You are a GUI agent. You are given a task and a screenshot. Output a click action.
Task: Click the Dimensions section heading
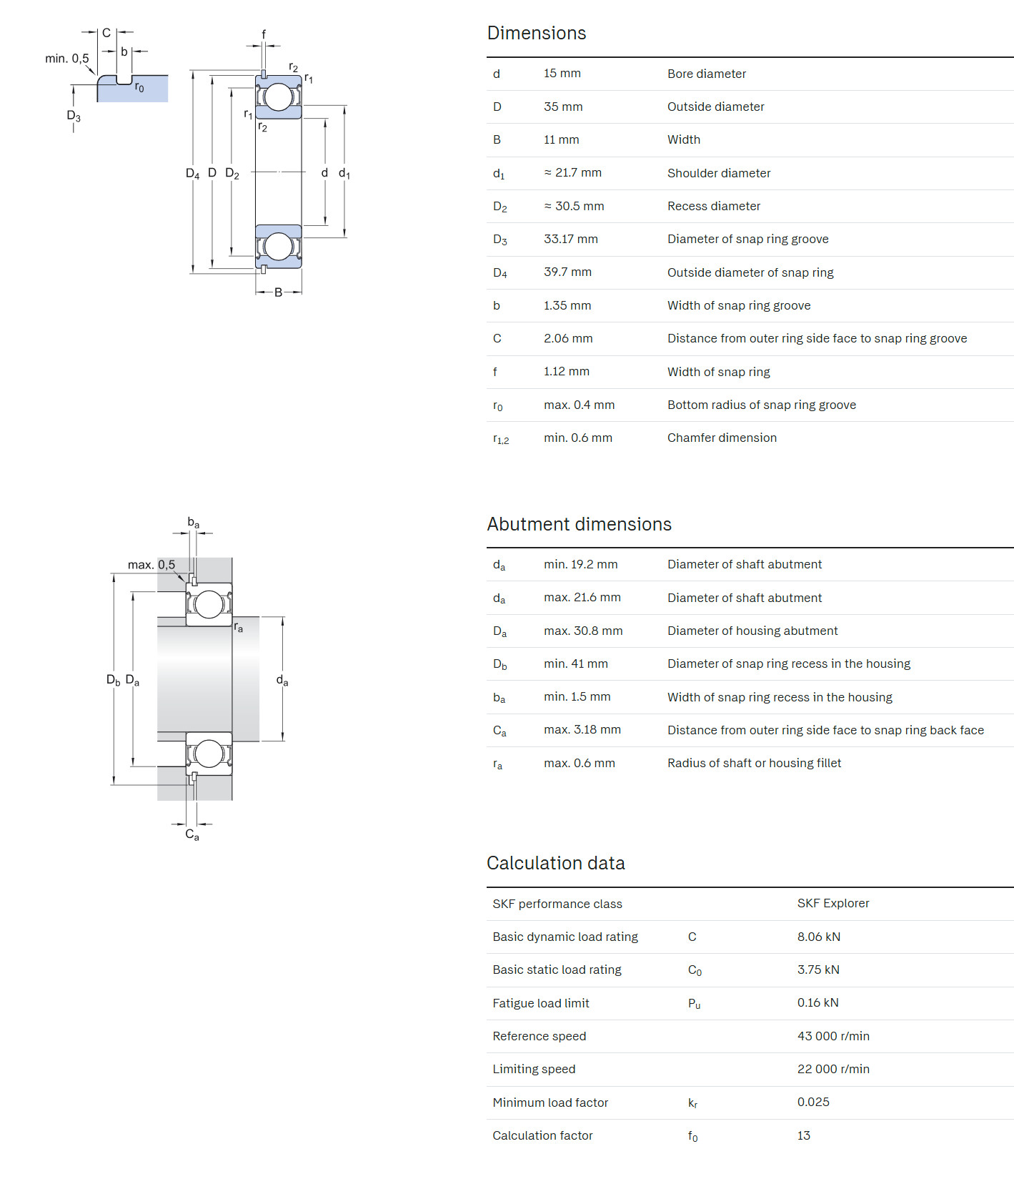(536, 33)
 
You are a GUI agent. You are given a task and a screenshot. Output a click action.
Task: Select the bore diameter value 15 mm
(562, 74)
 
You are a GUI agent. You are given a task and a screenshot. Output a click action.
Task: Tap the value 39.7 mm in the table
(567, 272)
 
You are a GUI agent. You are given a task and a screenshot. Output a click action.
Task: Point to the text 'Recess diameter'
(713, 206)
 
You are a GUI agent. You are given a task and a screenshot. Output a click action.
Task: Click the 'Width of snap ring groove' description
(738, 305)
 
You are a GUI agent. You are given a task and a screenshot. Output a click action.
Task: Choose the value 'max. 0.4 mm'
(579, 405)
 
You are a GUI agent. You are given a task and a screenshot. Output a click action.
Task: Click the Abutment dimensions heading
(579, 524)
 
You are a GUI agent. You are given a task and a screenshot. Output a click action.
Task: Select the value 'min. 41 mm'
(575, 663)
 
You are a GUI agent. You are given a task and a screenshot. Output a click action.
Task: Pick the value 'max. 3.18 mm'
(582, 730)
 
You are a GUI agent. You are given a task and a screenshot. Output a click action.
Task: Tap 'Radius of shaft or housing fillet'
(754, 763)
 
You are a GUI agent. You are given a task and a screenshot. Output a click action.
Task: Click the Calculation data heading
(555, 863)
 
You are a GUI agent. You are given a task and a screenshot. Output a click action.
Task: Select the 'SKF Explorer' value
(832, 903)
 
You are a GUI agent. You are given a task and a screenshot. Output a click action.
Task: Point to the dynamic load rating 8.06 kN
(818, 937)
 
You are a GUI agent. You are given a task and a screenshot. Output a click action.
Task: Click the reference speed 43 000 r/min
(832, 1036)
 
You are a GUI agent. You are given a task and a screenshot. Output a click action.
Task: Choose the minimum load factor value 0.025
(813, 1102)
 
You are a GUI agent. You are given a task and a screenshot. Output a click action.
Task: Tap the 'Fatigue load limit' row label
(540, 1003)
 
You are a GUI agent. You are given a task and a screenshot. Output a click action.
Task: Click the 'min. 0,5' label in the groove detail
(66, 59)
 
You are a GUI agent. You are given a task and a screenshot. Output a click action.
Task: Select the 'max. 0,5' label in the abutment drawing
(151, 565)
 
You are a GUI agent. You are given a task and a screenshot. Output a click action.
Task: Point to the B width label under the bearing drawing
(278, 292)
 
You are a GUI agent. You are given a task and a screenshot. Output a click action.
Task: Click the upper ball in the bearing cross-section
(279, 97)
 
